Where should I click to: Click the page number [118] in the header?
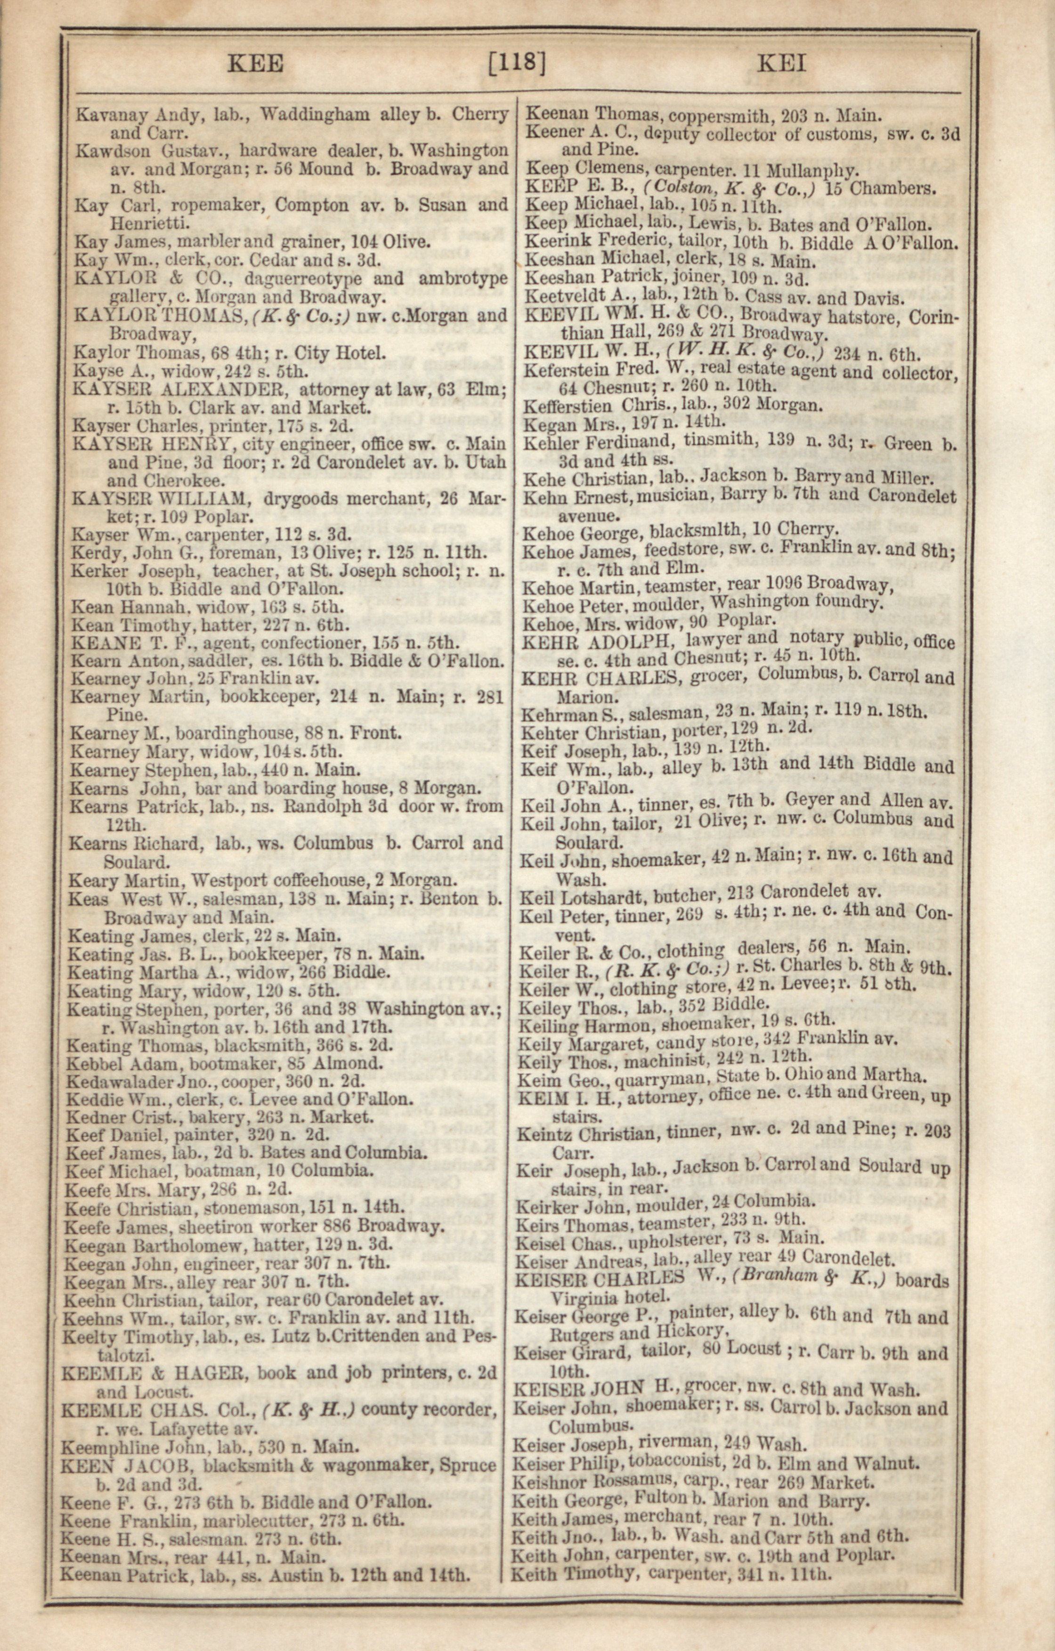517,63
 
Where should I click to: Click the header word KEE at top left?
254,64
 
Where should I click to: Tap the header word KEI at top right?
781,64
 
